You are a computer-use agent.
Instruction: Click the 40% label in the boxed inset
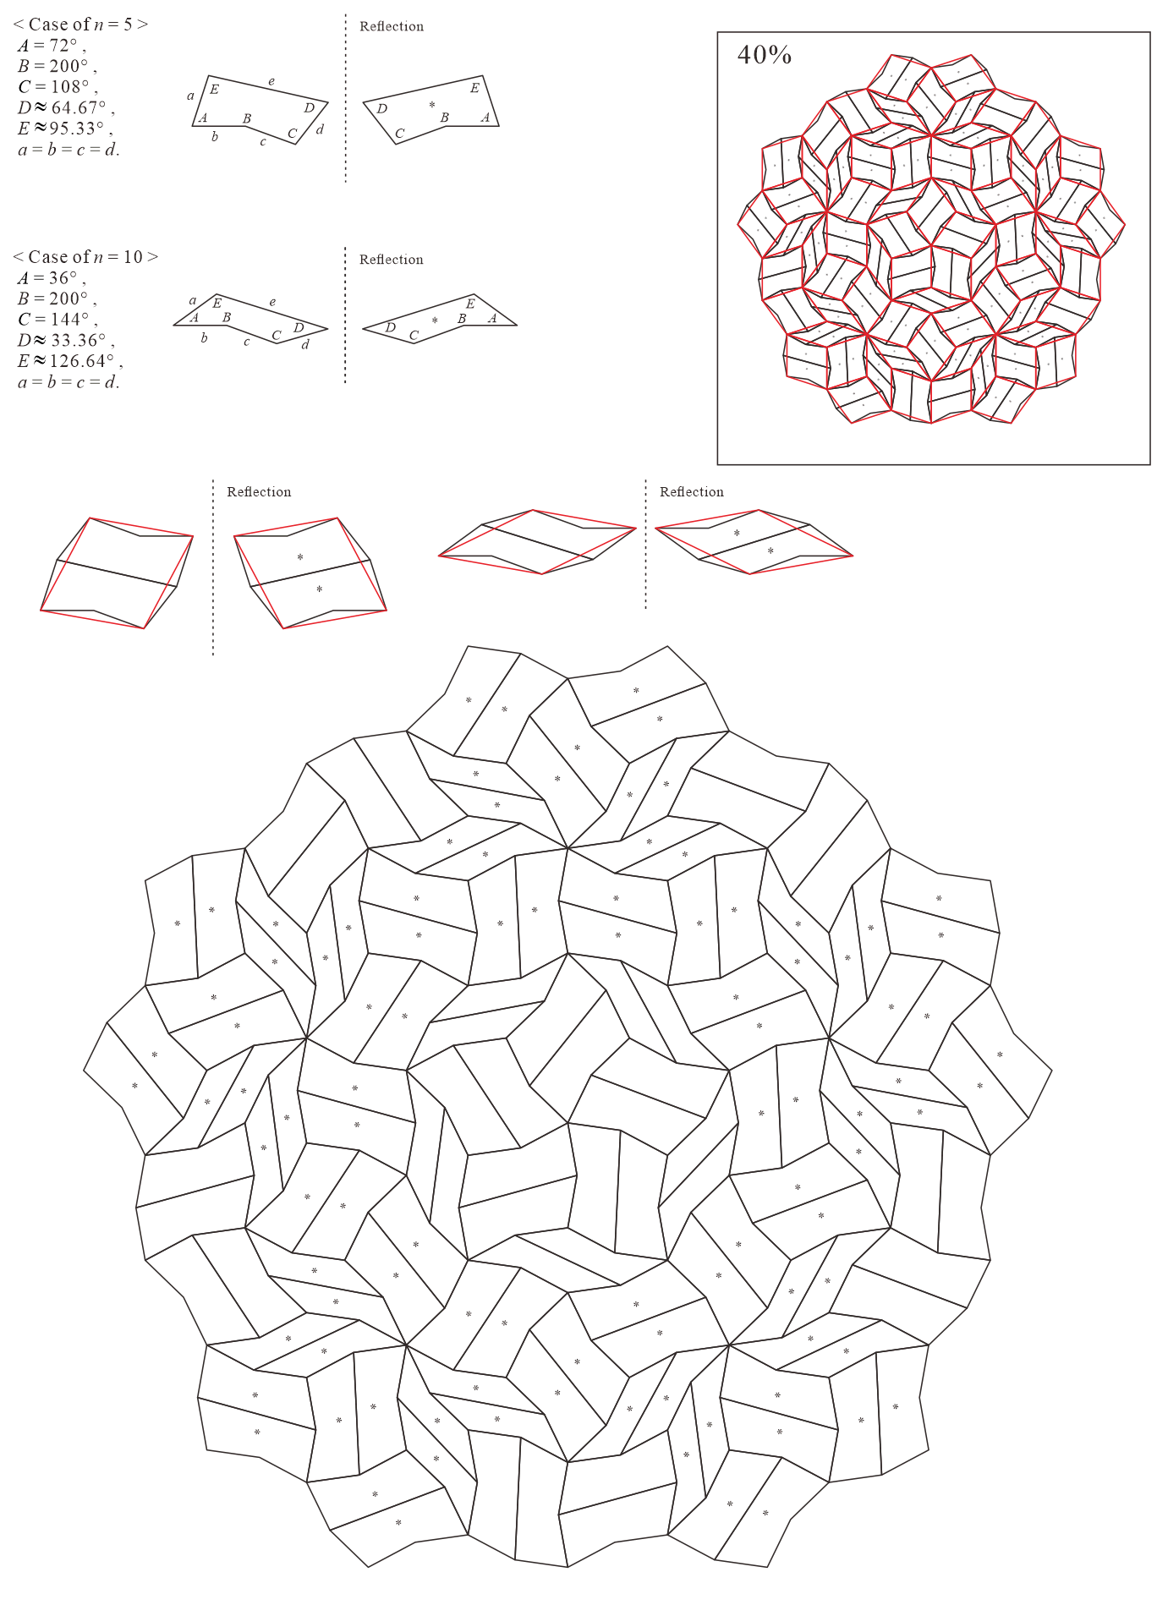(764, 55)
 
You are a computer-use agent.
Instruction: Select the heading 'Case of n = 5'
(80, 24)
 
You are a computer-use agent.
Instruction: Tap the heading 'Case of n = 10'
(85, 256)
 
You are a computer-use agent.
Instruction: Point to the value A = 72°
(51, 46)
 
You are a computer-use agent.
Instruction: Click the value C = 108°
(58, 87)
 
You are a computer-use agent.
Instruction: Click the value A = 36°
(51, 278)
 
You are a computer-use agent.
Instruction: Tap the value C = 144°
(58, 320)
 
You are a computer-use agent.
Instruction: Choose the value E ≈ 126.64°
(70, 361)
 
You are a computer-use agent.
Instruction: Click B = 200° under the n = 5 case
(57, 66)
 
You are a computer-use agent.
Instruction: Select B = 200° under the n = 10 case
(57, 299)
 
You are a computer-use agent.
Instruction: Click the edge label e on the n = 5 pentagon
(271, 82)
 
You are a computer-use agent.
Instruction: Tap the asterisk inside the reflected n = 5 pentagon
(432, 105)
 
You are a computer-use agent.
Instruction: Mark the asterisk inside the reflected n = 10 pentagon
(435, 320)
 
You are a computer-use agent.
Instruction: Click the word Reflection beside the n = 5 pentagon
(392, 26)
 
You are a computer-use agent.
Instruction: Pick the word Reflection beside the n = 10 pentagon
(392, 260)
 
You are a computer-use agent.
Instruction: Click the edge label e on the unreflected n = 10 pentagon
(272, 302)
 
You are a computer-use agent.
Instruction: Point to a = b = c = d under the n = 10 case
(69, 382)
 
